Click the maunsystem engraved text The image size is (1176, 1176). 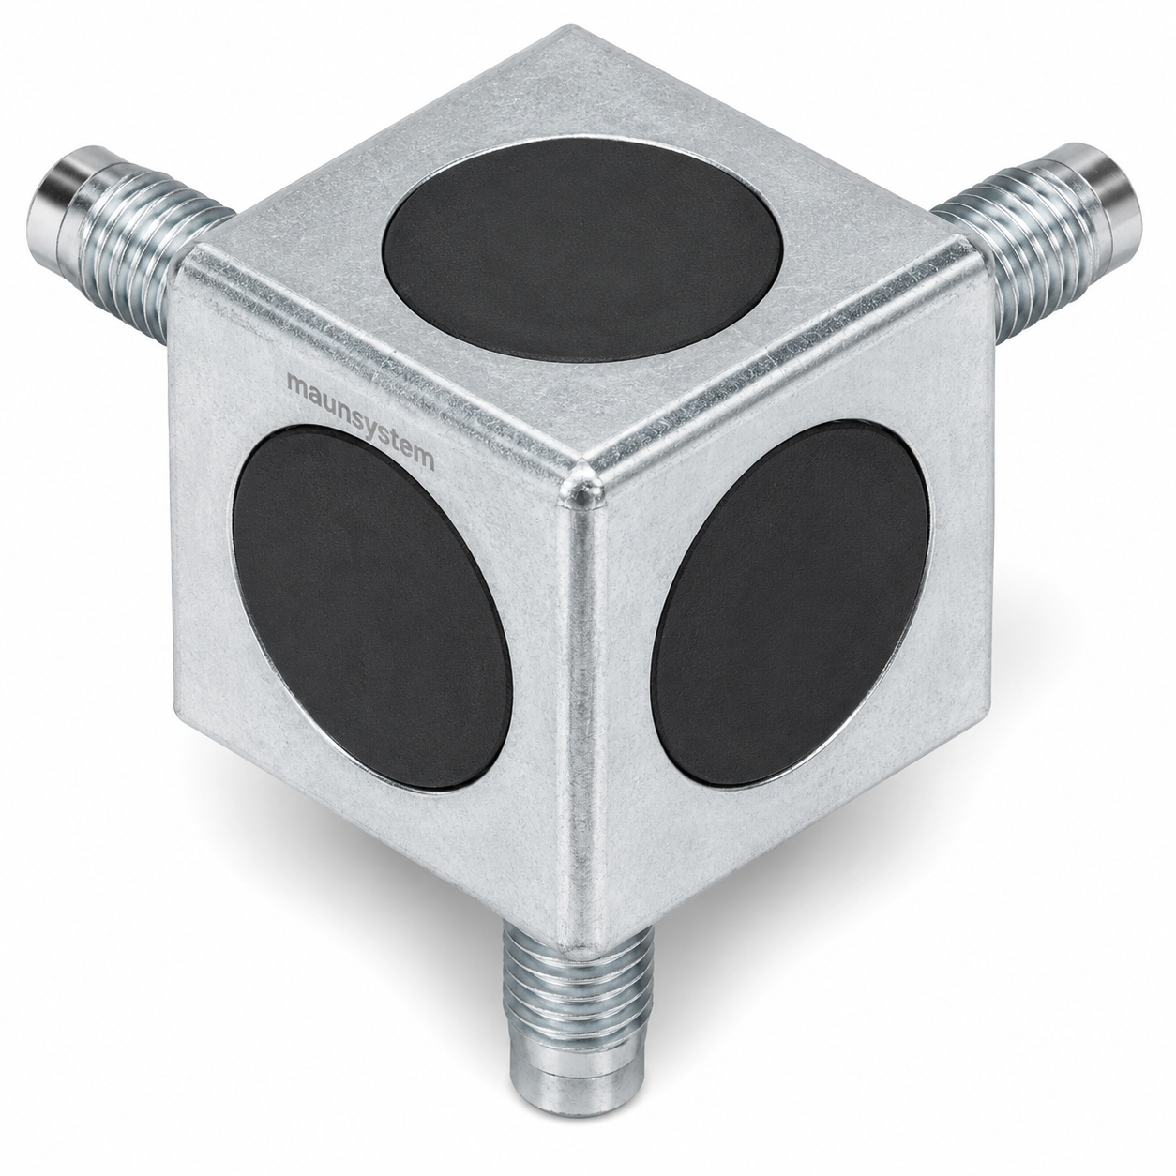pyautogui.click(x=361, y=422)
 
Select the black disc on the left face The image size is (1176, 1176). pyautogui.click(x=371, y=607)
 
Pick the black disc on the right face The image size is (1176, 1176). pyautogui.click(x=791, y=602)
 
